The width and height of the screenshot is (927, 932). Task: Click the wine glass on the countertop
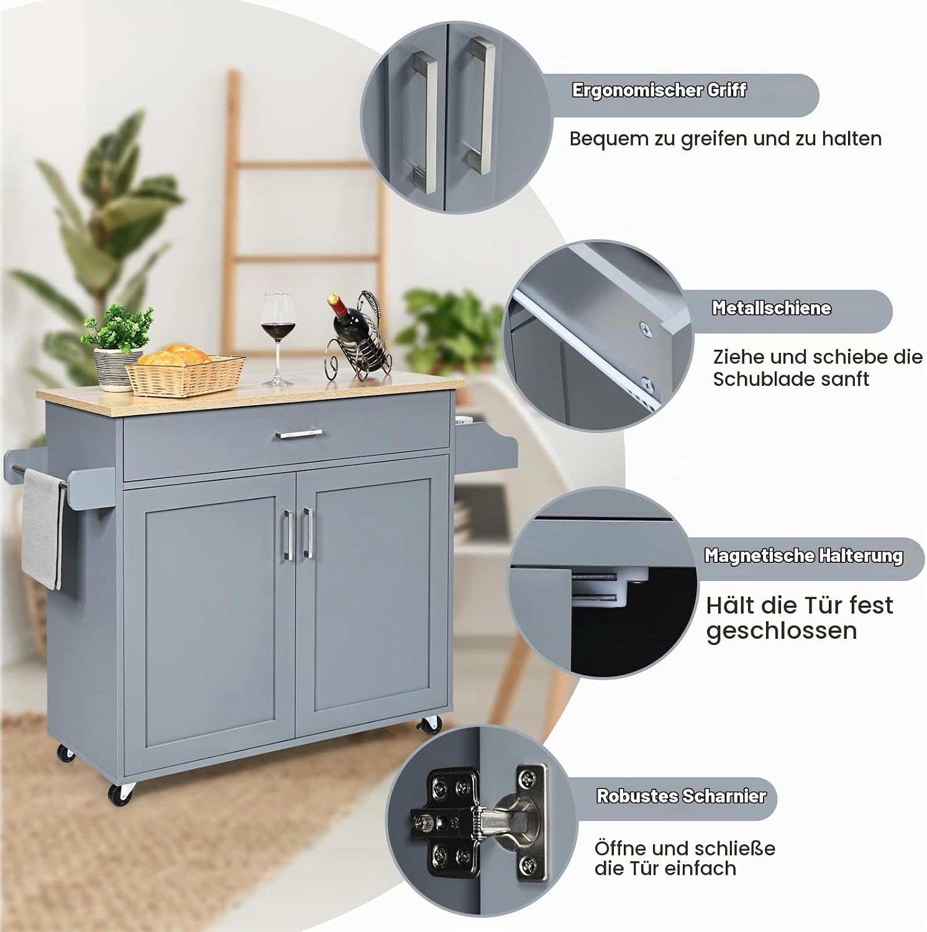(x=276, y=336)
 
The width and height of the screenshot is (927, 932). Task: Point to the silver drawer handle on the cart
(x=299, y=434)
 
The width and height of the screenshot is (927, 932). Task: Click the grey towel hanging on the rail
(x=42, y=528)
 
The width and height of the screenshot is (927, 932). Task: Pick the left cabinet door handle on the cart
(x=288, y=534)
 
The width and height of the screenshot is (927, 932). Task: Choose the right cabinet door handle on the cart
(x=307, y=532)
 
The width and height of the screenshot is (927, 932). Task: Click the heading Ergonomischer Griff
(x=659, y=91)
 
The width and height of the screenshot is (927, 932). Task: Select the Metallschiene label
(x=771, y=308)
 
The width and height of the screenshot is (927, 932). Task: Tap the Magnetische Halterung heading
(x=803, y=555)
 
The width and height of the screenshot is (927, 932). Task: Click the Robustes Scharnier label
(x=681, y=796)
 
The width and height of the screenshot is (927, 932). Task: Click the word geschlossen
(x=782, y=631)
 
